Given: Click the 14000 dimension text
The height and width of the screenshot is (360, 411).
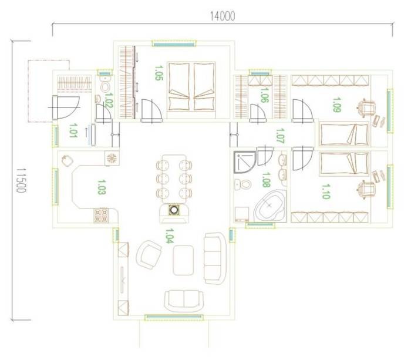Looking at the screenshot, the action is pos(223,16).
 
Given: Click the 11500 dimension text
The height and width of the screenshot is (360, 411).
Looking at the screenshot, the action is pos(21,180).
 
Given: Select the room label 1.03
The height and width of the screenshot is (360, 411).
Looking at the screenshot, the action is pos(102,187).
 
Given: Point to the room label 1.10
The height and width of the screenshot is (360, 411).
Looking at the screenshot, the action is pos(325,191).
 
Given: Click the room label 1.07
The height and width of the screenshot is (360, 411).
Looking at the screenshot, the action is pos(280,135).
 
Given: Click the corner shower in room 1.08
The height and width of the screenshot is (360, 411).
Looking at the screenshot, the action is pos(245,162).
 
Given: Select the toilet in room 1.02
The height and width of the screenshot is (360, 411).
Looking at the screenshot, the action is pos(105,84).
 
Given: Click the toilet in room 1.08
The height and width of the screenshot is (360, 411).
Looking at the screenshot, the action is pos(243,184).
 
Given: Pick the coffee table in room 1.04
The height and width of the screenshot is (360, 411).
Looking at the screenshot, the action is pos(183,260).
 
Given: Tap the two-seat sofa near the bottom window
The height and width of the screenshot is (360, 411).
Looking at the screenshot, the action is pos(184,301).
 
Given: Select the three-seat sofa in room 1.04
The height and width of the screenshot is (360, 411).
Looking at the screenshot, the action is pos(215,258).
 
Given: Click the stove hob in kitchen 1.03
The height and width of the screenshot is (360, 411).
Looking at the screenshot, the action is pos(101,216).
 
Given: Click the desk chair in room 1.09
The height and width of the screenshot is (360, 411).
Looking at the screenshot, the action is pos(366,107).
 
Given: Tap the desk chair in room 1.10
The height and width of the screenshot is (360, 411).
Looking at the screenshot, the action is pos(366,190).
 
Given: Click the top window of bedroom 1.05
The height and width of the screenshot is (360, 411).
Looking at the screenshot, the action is pos(174,43).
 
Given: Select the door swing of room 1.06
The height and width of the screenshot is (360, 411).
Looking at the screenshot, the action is pos(258,112).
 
